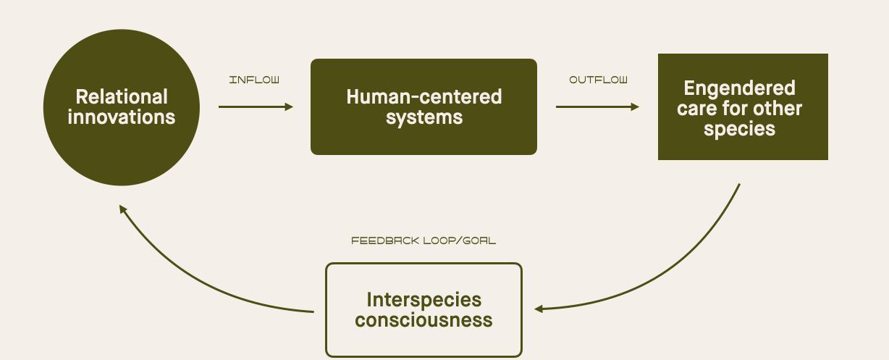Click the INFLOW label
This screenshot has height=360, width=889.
click(254, 80)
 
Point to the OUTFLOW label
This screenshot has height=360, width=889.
click(598, 80)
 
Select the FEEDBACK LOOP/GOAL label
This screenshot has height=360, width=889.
click(424, 240)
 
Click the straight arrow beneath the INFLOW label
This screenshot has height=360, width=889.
click(255, 107)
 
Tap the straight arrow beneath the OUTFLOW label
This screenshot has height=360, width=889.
click(597, 107)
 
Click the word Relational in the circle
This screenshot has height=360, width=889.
click(122, 97)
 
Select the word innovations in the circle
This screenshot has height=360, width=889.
click(122, 117)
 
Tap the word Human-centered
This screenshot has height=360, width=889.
click(424, 97)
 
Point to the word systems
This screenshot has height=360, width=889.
click(424, 117)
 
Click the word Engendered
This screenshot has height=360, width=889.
click(739, 88)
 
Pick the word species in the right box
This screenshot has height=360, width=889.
click(739, 129)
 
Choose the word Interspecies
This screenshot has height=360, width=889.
click(424, 300)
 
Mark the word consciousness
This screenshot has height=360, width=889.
click(424, 320)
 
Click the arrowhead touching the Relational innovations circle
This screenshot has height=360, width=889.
click(123, 209)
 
